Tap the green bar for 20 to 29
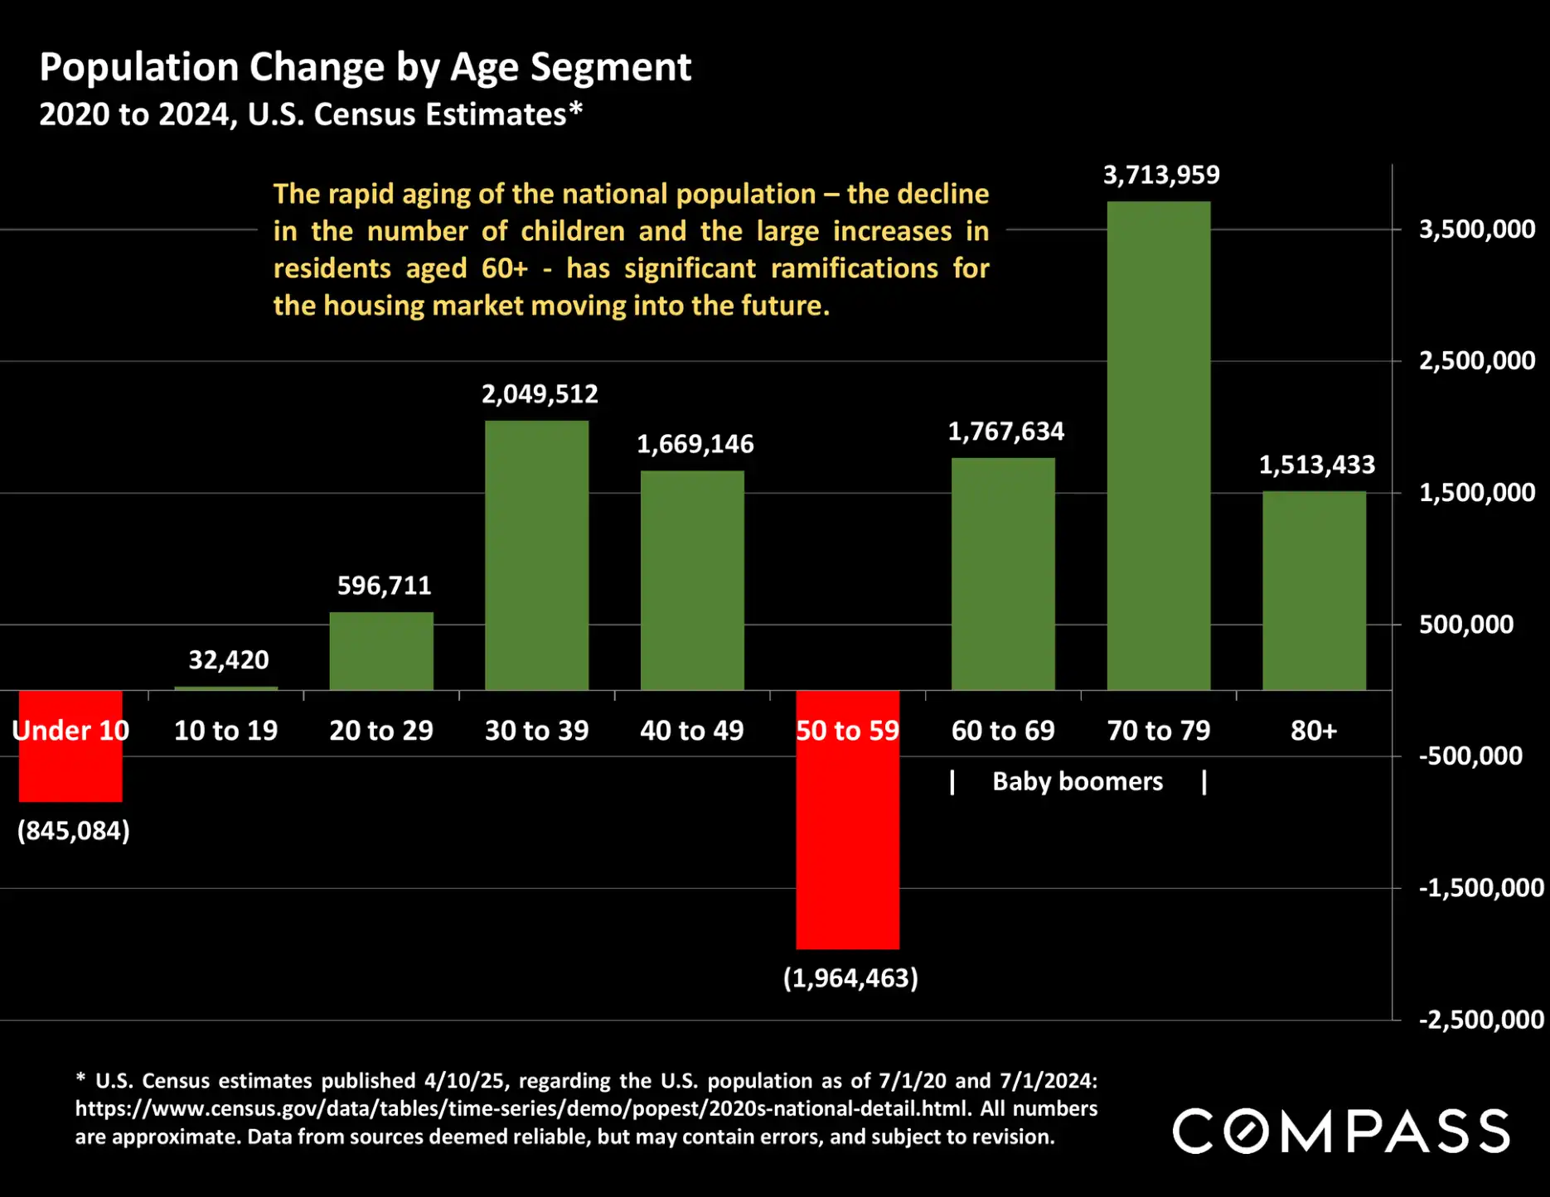pos(381,651)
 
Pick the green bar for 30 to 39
pos(536,555)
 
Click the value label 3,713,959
pos(1160,175)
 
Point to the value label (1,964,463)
pos(850,978)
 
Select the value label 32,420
pos(228,660)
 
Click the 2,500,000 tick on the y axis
pos(1476,361)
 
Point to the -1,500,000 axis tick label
pos(1480,888)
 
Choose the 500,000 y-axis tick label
pos(1465,625)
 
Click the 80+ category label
pos(1313,731)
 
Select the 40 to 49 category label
pos(691,731)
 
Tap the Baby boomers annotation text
pos(1077,781)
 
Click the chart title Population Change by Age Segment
pos(365,67)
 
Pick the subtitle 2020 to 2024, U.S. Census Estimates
pos(311,114)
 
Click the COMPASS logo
pos(1340,1132)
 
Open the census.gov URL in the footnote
pos(522,1108)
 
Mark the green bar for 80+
pos(1314,591)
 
